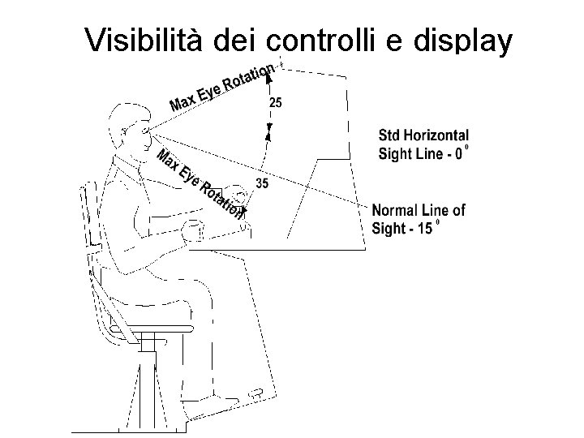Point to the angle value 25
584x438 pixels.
pyautogui.click(x=276, y=103)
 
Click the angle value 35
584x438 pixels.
pyautogui.click(x=262, y=183)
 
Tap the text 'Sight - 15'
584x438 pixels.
pyautogui.click(x=402, y=228)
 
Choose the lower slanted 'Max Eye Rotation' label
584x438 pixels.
pyautogui.click(x=199, y=184)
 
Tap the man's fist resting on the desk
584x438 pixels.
pyautogui.click(x=192, y=230)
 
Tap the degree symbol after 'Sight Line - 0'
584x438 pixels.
pyautogui.click(x=467, y=148)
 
